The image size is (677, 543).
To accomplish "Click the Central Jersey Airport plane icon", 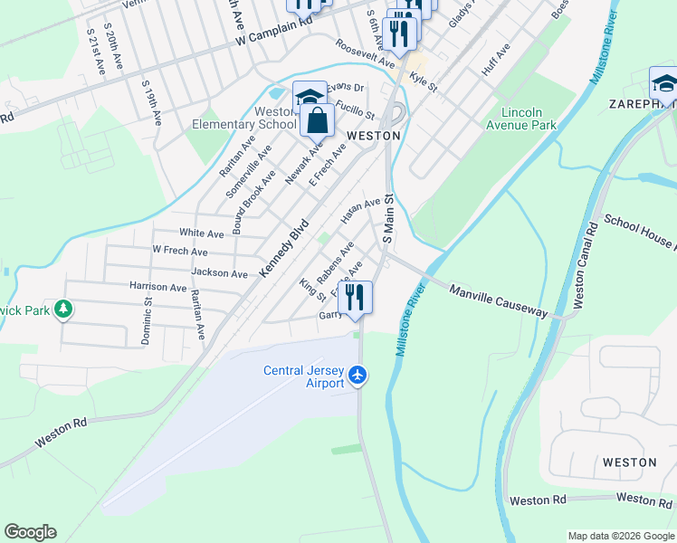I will [x=358, y=374].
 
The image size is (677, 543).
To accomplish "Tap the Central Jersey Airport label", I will [x=304, y=376].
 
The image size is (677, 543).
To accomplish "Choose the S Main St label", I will [x=388, y=216].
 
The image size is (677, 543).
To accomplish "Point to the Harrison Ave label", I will [x=157, y=287].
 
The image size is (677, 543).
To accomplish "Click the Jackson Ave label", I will [x=219, y=273].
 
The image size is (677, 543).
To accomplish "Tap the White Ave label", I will [x=201, y=233].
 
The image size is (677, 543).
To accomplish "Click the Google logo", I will [x=30, y=532].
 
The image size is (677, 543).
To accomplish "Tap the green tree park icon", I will [x=62, y=311].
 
